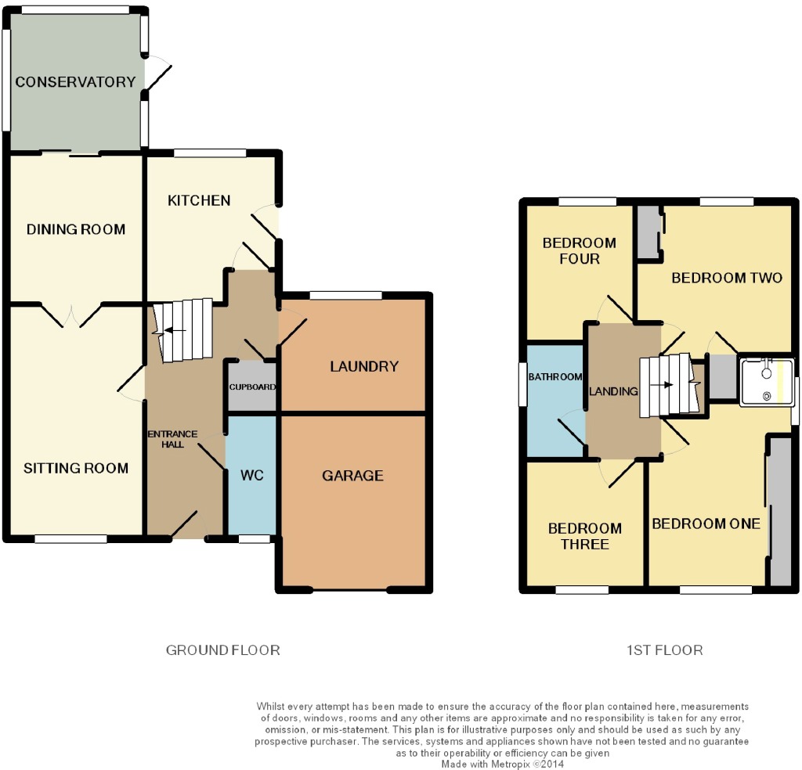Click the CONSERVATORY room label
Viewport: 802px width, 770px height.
(x=75, y=81)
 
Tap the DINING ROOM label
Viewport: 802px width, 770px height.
(x=76, y=229)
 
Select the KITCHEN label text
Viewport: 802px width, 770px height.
(x=199, y=200)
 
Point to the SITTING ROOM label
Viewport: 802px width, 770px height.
(x=76, y=468)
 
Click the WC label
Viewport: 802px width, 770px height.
(x=251, y=475)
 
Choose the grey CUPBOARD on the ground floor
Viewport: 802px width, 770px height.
(x=251, y=387)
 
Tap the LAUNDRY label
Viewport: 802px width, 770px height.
(x=363, y=366)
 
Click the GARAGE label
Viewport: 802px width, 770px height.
(x=352, y=476)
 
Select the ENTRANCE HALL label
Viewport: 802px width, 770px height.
(x=172, y=439)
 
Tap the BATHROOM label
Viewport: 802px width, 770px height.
(x=555, y=377)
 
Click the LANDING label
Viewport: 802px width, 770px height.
(x=613, y=391)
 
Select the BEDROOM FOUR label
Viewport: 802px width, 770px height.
(x=579, y=250)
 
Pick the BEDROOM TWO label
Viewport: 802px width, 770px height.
(x=727, y=278)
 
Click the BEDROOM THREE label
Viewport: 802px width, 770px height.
(x=584, y=536)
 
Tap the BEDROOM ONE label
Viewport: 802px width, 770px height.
(x=706, y=524)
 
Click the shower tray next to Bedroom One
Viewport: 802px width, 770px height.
(x=766, y=382)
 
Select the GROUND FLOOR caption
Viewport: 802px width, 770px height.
(x=223, y=650)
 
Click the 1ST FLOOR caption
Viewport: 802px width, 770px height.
(x=664, y=650)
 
